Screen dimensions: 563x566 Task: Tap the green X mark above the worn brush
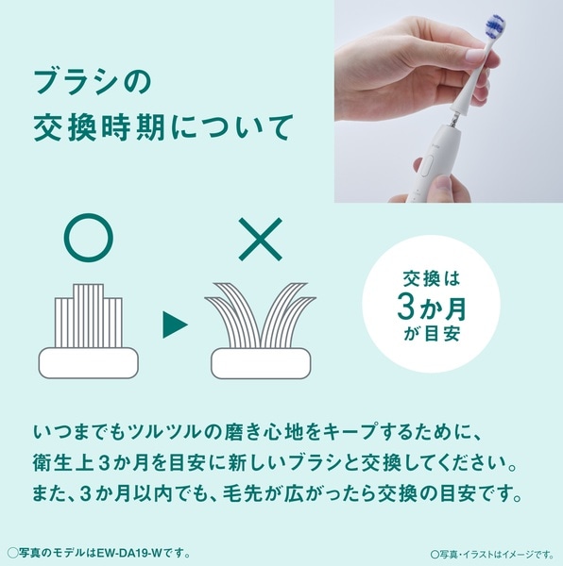click(x=260, y=239)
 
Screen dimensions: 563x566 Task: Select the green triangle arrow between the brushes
click(x=175, y=325)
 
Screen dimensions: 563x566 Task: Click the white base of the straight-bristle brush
click(x=89, y=363)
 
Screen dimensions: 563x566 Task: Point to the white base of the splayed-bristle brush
click(x=261, y=363)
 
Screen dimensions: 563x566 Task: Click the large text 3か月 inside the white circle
click(x=432, y=308)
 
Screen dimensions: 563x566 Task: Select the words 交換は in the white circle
click(x=432, y=278)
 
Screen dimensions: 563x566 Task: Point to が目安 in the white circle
click(x=432, y=334)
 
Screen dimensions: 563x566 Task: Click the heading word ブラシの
click(x=93, y=82)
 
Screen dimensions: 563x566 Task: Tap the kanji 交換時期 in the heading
click(x=99, y=127)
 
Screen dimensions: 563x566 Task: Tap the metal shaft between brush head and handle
click(x=453, y=120)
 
